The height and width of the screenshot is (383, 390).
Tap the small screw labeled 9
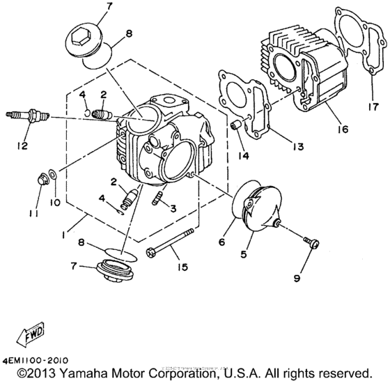pos(311,242)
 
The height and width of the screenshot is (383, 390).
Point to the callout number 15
pos(182,265)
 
